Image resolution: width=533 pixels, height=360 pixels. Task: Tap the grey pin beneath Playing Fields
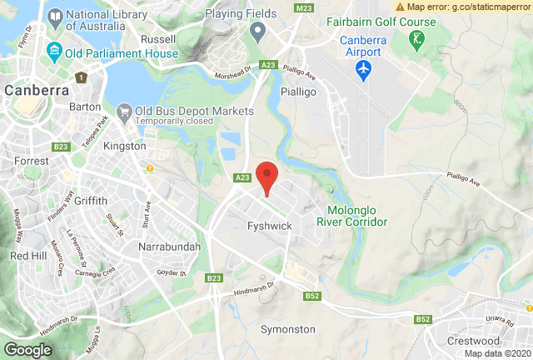(x=257, y=32)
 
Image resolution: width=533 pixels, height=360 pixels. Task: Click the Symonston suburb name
(x=288, y=329)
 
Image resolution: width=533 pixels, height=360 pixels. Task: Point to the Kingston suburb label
(x=124, y=147)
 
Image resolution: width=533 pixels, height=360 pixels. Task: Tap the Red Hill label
(x=29, y=255)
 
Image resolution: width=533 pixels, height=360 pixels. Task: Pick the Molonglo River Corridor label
(x=352, y=217)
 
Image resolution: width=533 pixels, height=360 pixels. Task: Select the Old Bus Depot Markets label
(x=194, y=112)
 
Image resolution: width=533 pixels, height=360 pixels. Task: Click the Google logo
(x=27, y=350)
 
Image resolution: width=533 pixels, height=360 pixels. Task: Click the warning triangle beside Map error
(x=401, y=7)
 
